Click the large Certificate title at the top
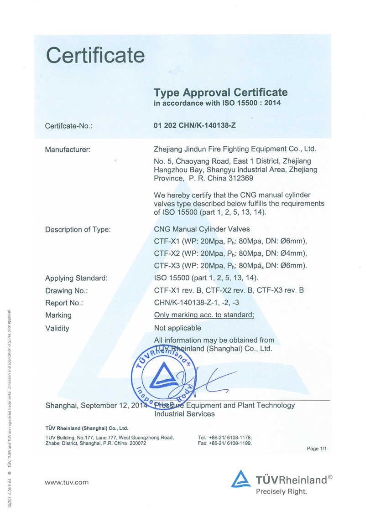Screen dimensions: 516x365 95,56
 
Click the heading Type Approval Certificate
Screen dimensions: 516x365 221,93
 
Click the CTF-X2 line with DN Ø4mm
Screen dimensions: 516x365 230,253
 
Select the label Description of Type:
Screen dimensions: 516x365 78,229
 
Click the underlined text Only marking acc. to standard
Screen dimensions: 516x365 204,315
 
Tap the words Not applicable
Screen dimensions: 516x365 177,328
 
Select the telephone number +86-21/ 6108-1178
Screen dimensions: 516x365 230,437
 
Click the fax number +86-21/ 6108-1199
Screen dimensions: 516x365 230,443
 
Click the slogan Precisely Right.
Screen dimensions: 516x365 282,491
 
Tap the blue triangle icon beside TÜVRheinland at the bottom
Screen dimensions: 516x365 241,480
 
